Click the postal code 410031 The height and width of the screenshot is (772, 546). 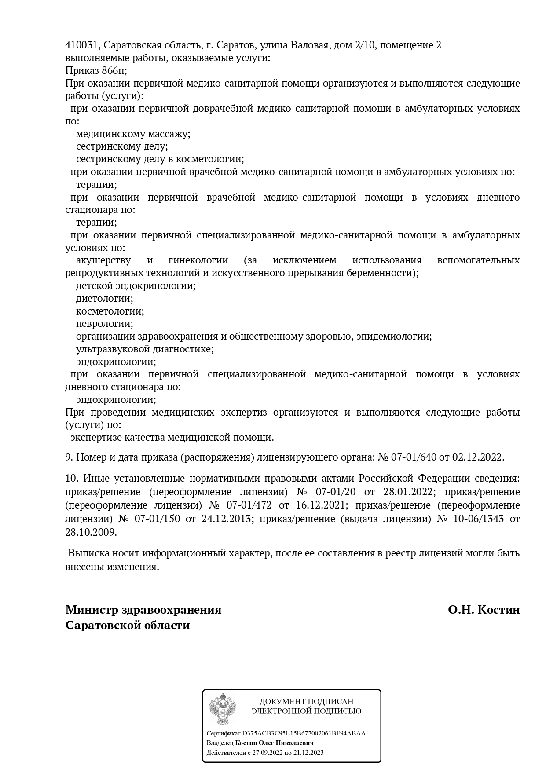[83, 45]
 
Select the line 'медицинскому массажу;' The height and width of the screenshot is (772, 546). [133, 134]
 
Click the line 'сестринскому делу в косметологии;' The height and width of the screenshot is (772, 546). [160, 159]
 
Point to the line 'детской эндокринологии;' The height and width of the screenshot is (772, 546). [136, 286]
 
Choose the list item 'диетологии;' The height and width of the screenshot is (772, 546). [104, 299]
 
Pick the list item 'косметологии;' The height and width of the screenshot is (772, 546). [110, 311]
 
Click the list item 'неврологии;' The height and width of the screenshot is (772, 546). [104, 324]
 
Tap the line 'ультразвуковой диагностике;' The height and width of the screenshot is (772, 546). [145, 349]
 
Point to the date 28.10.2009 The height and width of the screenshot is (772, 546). [91, 532]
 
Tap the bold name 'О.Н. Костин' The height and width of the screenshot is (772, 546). [484, 610]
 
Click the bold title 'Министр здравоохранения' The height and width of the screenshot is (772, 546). [143, 610]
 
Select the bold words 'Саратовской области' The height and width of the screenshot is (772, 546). [128, 625]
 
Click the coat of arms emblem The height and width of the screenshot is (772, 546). [222, 709]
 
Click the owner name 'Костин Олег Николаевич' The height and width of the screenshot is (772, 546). [275, 743]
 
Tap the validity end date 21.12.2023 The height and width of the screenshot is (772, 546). [310, 753]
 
